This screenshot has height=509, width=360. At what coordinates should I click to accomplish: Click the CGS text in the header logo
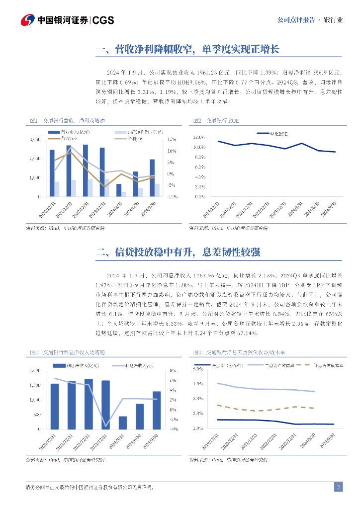tap(103, 20)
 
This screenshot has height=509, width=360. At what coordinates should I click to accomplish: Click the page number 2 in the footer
tap(339, 487)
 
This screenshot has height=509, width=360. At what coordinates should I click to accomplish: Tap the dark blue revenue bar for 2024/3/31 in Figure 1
tap(119, 190)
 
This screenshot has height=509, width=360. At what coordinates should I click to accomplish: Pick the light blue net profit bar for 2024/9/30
tap(158, 190)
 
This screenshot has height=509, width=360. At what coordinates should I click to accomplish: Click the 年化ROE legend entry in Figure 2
tap(278, 133)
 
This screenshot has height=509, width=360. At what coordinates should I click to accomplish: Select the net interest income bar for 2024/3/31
tap(123, 423)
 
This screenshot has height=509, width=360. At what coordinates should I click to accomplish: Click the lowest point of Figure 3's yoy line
tap(106, 426)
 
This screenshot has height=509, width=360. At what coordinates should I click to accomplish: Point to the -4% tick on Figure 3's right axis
tap(174, 429)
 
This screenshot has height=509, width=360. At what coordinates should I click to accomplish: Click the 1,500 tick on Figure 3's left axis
tap(35, 385)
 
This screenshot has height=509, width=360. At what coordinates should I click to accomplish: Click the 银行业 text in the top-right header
tap(333, 20)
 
